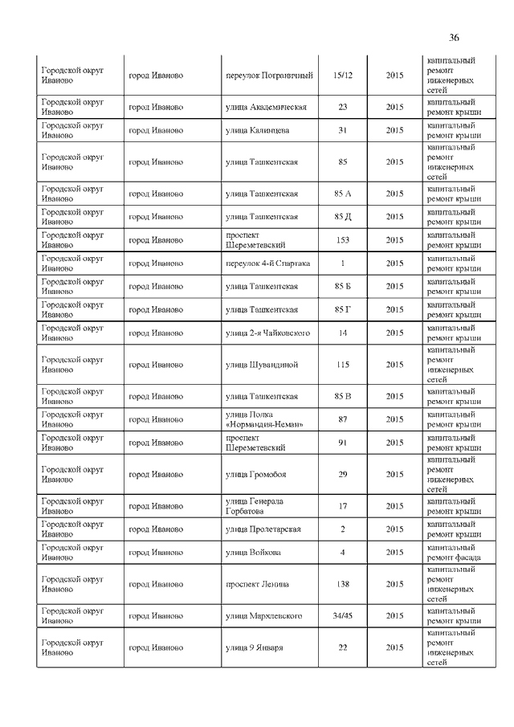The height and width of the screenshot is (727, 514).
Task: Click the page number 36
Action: click(454, 38)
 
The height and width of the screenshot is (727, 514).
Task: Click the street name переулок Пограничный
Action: click(268, 76)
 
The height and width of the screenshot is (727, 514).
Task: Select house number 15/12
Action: click(342, 76)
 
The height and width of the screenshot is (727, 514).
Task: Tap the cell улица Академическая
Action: click(266, 107)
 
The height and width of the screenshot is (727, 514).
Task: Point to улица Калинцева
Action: click(257, 130)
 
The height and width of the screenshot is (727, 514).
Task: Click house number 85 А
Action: click(342, 194)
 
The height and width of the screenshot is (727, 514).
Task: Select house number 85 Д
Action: click(342, 217)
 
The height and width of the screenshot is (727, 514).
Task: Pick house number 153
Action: click(342, 240)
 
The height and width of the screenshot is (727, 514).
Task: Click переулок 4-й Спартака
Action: click(268, 263)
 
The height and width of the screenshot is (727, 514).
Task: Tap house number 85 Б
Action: click(342, 287)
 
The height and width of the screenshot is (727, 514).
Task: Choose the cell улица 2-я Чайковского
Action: click(268, 333)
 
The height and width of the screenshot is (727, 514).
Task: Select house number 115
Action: click(342, 365)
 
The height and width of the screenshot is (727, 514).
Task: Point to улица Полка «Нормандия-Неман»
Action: click(264, 419)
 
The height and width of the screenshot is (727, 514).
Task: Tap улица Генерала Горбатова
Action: click(255, 506)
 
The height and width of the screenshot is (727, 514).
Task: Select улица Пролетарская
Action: click(263, 529)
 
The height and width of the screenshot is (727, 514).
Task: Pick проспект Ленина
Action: click(257, 584)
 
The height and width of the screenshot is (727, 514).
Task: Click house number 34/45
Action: click(342, 616)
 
